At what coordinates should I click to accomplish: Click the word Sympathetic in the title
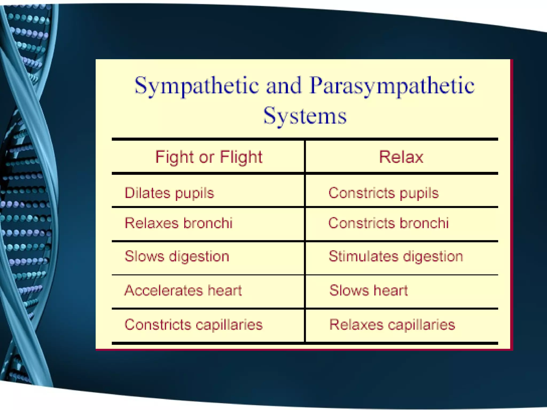click(197, 86)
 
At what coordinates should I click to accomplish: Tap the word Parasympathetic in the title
click(392, 86)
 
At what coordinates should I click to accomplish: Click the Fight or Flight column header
click(209, 157)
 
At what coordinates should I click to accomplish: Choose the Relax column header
click(401, 157)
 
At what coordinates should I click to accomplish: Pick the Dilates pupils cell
click(169, 193)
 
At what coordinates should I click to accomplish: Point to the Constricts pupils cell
click(384, 193)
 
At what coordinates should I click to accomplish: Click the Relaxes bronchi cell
click(178, 223)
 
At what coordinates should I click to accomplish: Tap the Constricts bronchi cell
click(388, 223)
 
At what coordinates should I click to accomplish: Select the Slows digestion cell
click(177, 257)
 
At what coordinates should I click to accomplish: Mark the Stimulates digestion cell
click(396, 257)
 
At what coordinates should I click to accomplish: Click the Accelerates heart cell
click(183, 290)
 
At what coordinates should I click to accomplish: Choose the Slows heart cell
click(369, 290)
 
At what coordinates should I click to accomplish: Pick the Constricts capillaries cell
click(194, 325)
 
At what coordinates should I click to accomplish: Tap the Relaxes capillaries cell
click(392, 325)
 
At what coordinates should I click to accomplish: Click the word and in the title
click(284, 86)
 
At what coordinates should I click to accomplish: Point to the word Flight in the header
click(241, 157)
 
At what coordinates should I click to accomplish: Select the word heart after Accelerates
click(225, 290)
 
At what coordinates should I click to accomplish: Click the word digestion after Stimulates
click(433, 257)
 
